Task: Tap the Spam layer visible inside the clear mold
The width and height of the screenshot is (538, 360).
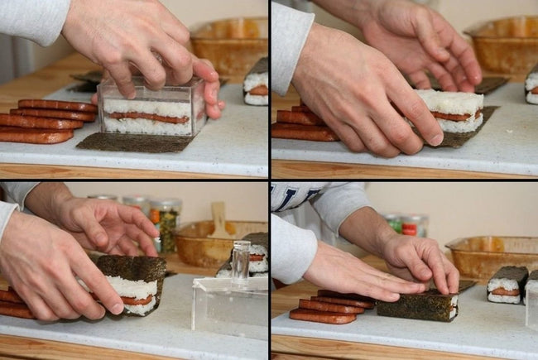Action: click(x=149, y=117)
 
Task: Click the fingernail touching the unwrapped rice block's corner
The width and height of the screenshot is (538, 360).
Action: click(x=434, y=139)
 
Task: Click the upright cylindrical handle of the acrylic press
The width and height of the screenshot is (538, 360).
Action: click(x=240, y=261)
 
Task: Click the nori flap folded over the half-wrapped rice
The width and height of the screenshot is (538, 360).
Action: click(x=132, y=269)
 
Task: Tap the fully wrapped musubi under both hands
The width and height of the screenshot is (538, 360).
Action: click(x=418, y=304)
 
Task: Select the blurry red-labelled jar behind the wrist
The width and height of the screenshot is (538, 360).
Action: click(x=411, y=225)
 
